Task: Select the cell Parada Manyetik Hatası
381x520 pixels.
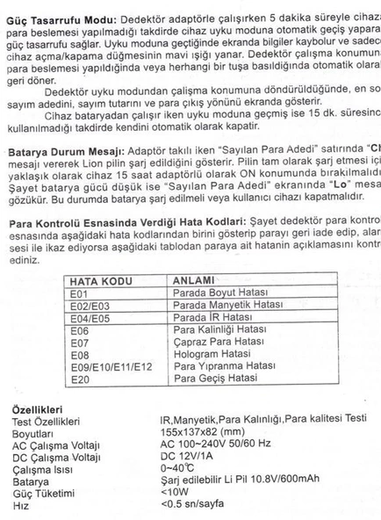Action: pos(214,304)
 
